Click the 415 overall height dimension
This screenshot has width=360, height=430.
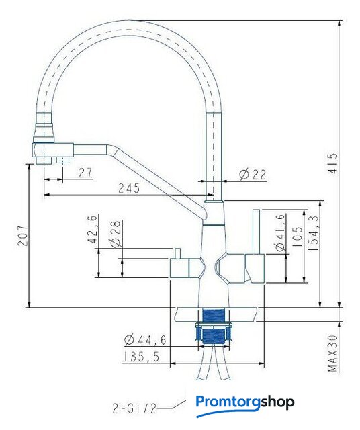[332, 163]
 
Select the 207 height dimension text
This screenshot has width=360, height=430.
[23, 236]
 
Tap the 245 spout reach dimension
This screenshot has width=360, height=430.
[129, 188]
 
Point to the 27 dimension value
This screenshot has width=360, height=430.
[85, 173]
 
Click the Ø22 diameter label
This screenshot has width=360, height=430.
[253, 175]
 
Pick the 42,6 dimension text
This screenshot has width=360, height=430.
[93, 229]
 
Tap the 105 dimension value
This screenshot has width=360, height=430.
[298, 236]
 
